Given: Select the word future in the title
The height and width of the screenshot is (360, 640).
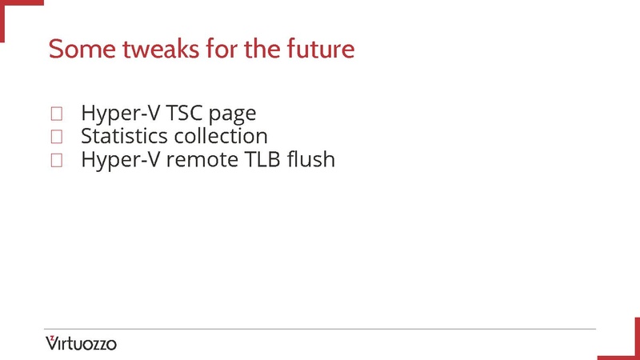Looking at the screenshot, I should click(320, 49).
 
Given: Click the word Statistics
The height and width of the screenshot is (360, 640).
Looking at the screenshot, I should click(124, 136).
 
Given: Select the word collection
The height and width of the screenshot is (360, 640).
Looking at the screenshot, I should click(220, 136).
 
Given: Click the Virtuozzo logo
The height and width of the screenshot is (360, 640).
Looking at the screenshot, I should click(81, 343).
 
